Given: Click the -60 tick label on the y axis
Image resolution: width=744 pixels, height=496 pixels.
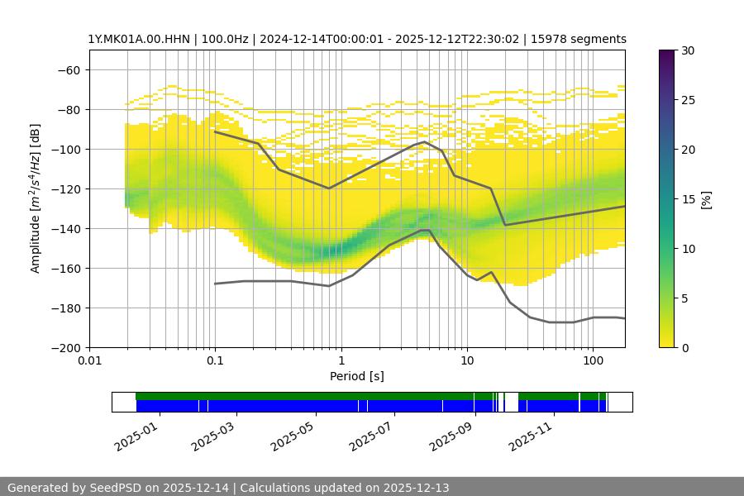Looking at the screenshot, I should point(69,69).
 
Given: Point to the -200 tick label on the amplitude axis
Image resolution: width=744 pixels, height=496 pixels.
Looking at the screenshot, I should point(65,347).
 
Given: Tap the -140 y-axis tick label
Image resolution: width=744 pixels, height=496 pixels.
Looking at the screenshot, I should point(65,228).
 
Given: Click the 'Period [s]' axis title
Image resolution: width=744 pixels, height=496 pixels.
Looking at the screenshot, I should point(357,376).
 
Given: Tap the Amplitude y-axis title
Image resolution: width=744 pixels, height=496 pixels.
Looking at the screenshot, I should point(36,198).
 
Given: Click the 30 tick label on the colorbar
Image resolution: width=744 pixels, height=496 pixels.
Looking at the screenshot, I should point(686,50).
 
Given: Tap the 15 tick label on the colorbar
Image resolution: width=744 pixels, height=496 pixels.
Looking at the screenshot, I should point(686,199).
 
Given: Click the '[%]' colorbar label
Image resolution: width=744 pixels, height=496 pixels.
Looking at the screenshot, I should point(706,198).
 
